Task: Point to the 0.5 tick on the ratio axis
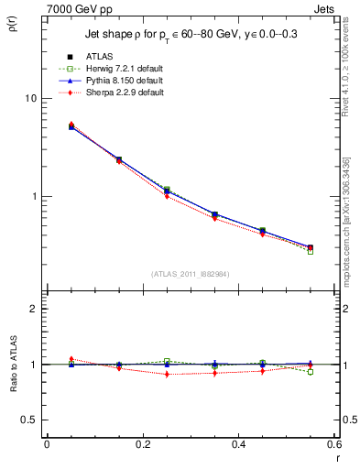27,420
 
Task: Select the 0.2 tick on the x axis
142,444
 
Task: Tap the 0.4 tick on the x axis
238,444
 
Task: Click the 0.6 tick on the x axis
333,444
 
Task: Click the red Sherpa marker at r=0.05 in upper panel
71,125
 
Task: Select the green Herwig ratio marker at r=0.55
311,372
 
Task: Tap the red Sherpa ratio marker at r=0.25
167,375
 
